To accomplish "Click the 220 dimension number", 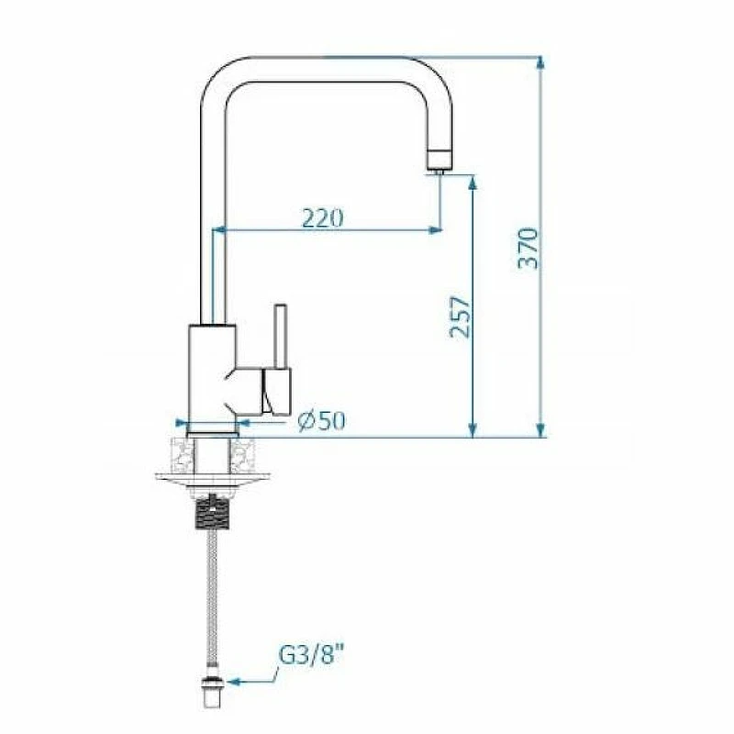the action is tap(323, 217).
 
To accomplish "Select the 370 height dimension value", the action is tap(528, 249).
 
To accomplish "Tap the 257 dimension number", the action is tap(460, 317).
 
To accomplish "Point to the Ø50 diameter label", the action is tap(322, 421).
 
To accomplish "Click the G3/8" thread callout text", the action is tap(311, 654).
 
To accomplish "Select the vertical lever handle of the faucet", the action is tap(281, 337).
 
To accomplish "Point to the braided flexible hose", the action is tap(213, 603).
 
